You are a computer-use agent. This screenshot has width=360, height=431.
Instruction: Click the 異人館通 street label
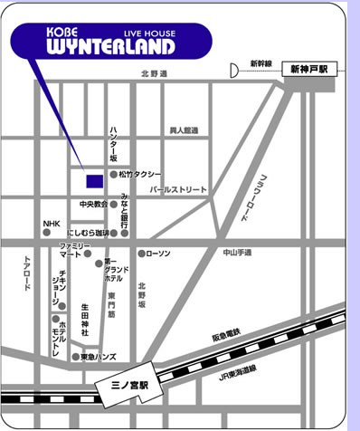184,130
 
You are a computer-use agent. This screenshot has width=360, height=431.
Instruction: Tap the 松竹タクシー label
140,173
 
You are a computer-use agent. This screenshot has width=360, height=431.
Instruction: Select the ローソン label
158,254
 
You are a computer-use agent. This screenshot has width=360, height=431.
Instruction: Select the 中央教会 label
94,204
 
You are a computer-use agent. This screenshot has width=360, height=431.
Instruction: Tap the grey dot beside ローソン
141,254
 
